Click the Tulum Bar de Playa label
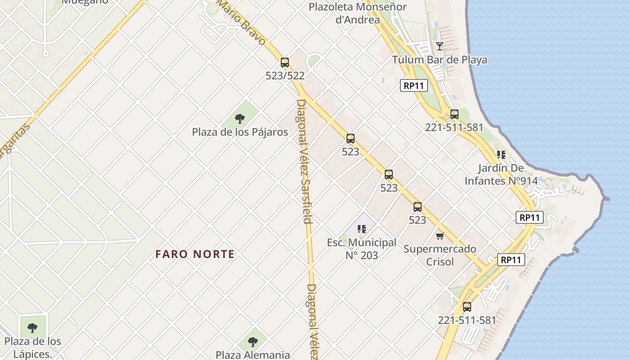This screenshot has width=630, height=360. [x=439, y=60]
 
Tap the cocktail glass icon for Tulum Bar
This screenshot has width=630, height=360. [x=440, y=46]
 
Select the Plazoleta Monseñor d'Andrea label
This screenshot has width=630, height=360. [x=357, y=13]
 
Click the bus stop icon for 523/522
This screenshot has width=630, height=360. [x=285, y=63]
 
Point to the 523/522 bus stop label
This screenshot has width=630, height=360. [x=285, y=76]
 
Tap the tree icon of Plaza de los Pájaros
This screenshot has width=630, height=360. [x=240, y=119]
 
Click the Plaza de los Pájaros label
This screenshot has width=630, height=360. [x=240, y=132]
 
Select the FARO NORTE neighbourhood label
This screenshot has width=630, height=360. [x=195, y=254]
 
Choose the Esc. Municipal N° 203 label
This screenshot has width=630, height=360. [x=361, y=249]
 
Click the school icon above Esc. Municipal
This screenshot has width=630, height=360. [x=361, y=229]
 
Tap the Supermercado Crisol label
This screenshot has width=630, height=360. [x=440, y=255]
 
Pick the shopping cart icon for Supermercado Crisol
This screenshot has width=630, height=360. [x=440, y=236]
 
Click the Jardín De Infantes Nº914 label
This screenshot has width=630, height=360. [x=501, y=175]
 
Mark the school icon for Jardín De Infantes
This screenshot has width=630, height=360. [x=501, y=155]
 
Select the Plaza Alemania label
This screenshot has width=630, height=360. [x=252, y=355]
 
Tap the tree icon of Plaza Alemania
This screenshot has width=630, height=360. [x=253, y=342]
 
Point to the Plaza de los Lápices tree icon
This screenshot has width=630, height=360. [x=32, y=328]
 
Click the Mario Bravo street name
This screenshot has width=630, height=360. [x=243, y=22]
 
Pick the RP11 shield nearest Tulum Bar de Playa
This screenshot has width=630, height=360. [x=414, y=85]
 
